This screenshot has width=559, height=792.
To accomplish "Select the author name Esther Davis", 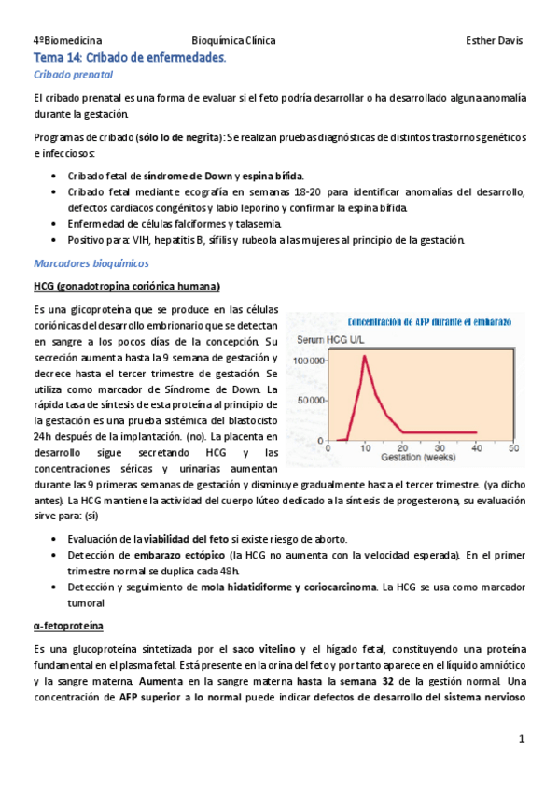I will pos(494,41).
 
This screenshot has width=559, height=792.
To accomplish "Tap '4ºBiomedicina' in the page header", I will pos(67,41).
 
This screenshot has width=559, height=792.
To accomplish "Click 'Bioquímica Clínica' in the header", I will pos(232,41).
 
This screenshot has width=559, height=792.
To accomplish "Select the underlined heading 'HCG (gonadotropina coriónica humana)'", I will pos(126,286).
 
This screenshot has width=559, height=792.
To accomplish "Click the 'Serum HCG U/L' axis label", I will pos(332,341).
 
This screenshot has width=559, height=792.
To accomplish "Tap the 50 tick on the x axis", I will pos(511,448).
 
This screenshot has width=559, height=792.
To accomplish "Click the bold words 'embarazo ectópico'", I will pos(161,555).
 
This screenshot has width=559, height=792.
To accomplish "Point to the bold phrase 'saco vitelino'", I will pos(264,649).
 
